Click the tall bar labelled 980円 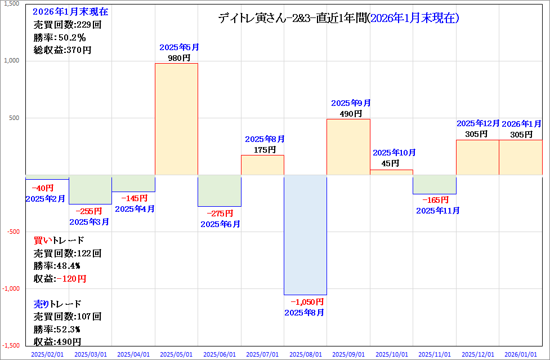(x=176, y=119)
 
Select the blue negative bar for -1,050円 (x=305, y=235)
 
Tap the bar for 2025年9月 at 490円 (x=348, y=147)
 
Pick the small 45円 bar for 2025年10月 (x=391, y=172)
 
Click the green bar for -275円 (x=220, y=191)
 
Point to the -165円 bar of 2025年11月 (x=434, y=185)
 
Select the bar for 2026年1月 (x=521, y=157)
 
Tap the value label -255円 (x=89, y=211)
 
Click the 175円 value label (x=262, y=150)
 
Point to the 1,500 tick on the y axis (x=11, y=4)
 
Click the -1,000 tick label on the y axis (x=11, y=288)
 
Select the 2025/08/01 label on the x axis (x=305, y=354)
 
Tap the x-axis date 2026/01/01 (x=521, y=354)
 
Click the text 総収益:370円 (x=62, y=50)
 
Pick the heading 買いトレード (x=59, y=241)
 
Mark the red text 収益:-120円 (x=60, y=278)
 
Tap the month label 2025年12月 (x=478, y=123)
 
